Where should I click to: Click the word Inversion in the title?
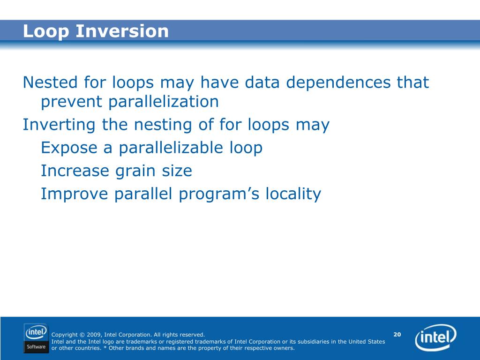pyautogui.click(x=122, y=31)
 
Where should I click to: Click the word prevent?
pyautogui.click(x=72, y=102)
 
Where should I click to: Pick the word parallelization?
pyautogui.click(x=164, y=102)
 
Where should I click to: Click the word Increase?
pyautogui.click(x=75, y=171)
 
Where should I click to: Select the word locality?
pyautogui.click(x=293, y=194)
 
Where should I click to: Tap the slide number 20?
pyautogui.click(x=397, y=334)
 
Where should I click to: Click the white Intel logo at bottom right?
pyautogui.click(x=435, y=337)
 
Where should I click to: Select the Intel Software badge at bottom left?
pyautogui.click(x=36, y=338)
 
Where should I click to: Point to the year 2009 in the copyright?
pyautogui.click(x=94, y=335)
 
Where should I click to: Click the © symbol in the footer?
pyautogui.click(x=82, y=335)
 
